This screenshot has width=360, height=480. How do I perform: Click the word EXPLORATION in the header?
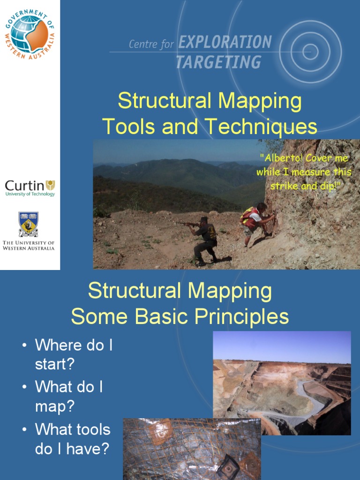(x=225, y=42)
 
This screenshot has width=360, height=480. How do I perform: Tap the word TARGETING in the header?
(x=218, y=62)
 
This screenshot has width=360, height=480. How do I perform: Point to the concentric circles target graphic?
(x=310, y=52)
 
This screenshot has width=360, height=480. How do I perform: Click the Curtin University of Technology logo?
(x=30, y=187)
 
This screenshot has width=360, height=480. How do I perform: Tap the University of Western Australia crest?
(x=28, y=225)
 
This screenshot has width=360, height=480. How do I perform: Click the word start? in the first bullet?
(x=54, y=364)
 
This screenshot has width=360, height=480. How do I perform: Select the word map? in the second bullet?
(x=54, y=406)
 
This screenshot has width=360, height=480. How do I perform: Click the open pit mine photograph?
(x=282, y=383)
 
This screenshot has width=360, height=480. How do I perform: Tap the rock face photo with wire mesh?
(x=192, y=449)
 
